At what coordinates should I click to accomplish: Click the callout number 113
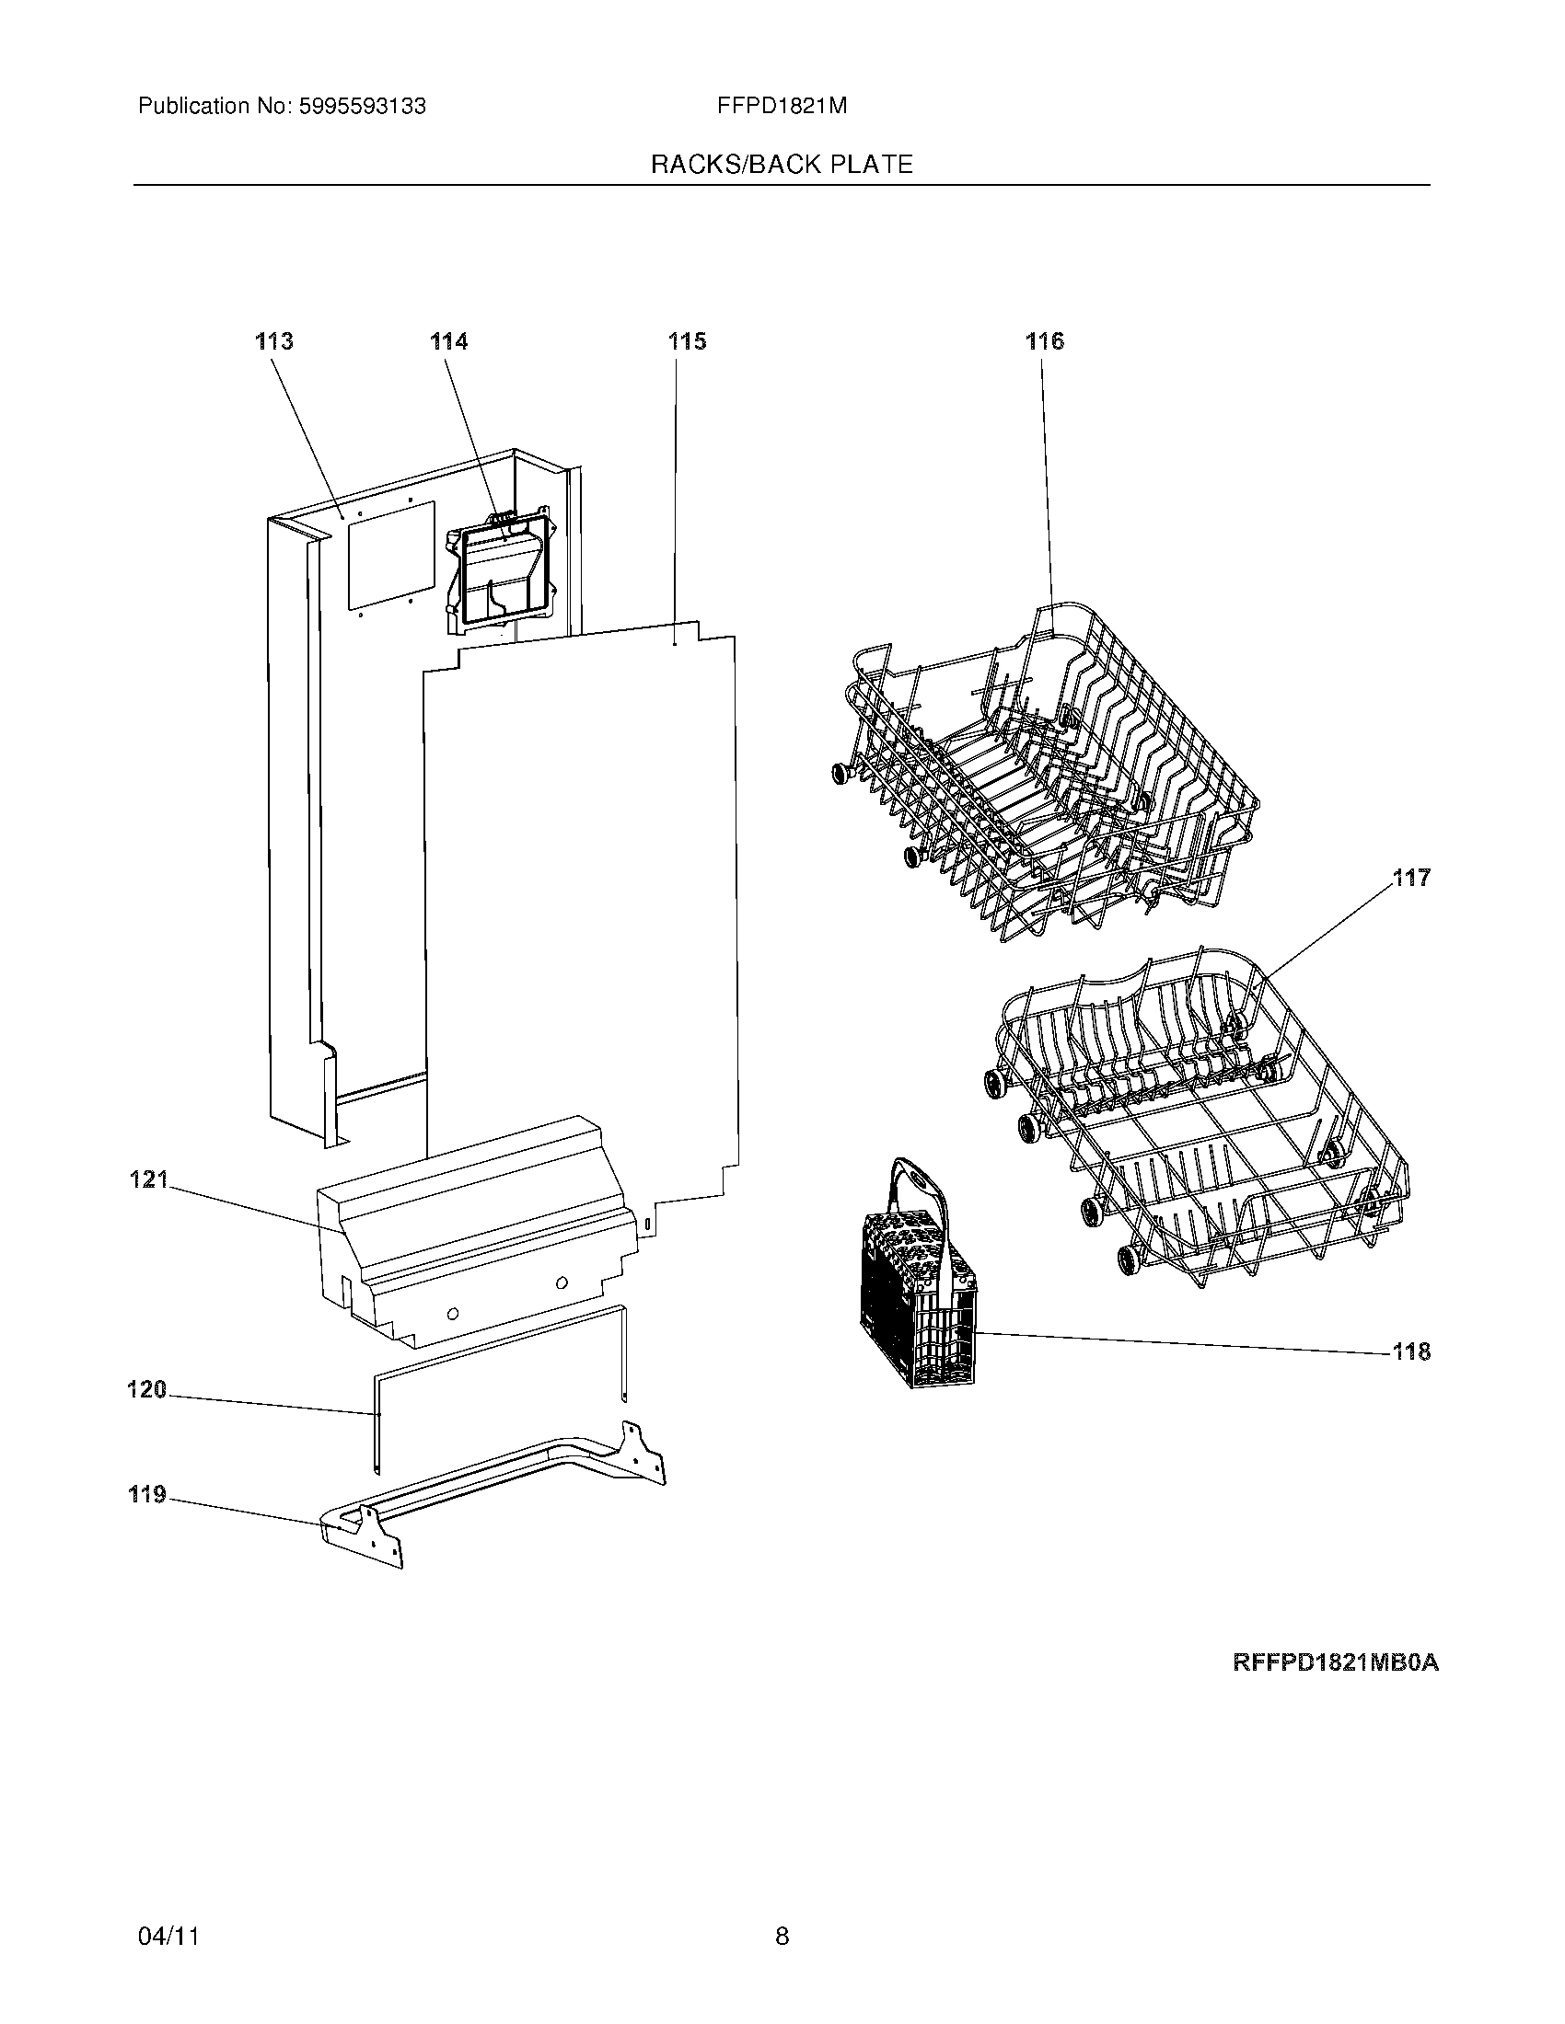tap(274, 341)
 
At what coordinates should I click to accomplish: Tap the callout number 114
tap(448, 341)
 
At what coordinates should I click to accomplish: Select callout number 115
tap(687, 341)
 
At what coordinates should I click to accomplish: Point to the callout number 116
tap(1044, 341)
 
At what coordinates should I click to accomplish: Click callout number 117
tap(1411, 877)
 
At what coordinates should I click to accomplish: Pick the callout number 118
tap(1411, 1352)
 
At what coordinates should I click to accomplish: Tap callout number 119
tap(146, 1494)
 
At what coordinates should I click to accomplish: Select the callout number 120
tap(146, 1389)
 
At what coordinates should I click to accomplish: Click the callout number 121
tap(148, 1179)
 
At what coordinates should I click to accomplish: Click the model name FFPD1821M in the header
tap(782, 107)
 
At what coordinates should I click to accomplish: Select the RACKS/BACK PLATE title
tap(782, 165)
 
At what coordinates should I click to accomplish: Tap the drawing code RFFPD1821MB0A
tap(1335, 1662)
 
